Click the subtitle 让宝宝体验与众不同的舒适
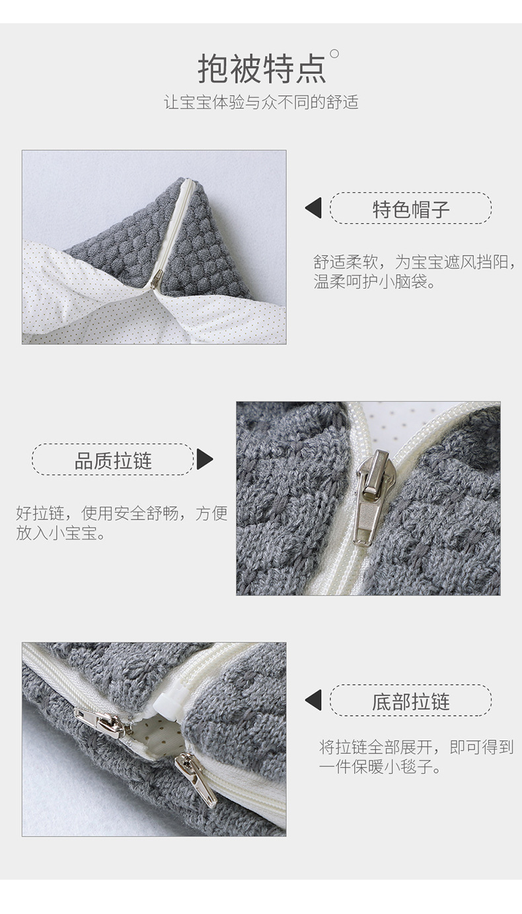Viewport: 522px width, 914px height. pyautogui.click(x=261, y=103)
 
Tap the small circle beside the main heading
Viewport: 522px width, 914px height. pyautogui.click(x=334, y=54)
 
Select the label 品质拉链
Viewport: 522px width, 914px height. pyautogui.click(x=113, y=460)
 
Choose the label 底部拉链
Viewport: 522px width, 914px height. pyautogui.click(x=410, y=701)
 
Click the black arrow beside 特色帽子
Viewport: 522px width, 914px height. pyautogui.click(x=313, y=208)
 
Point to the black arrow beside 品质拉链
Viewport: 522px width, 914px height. pyautogui.click(x=204, y=459)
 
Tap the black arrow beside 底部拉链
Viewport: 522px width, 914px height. pyautogui.click(x=313, y=701)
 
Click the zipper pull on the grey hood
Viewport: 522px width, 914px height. pyautogui.click(x=156, y=280)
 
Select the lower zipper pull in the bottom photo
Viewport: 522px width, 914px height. pyautogui.click(x=196, y=780)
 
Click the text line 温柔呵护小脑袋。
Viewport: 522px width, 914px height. pyautogui.click(x=375, y=282)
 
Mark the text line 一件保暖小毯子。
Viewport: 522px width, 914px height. pyautogui.click(x=380, y=768)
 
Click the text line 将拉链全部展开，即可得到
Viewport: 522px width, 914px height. pyautogui.click(x=416, y=747)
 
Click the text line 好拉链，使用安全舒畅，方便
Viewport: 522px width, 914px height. pyautogui.click(x=121, y=513)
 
